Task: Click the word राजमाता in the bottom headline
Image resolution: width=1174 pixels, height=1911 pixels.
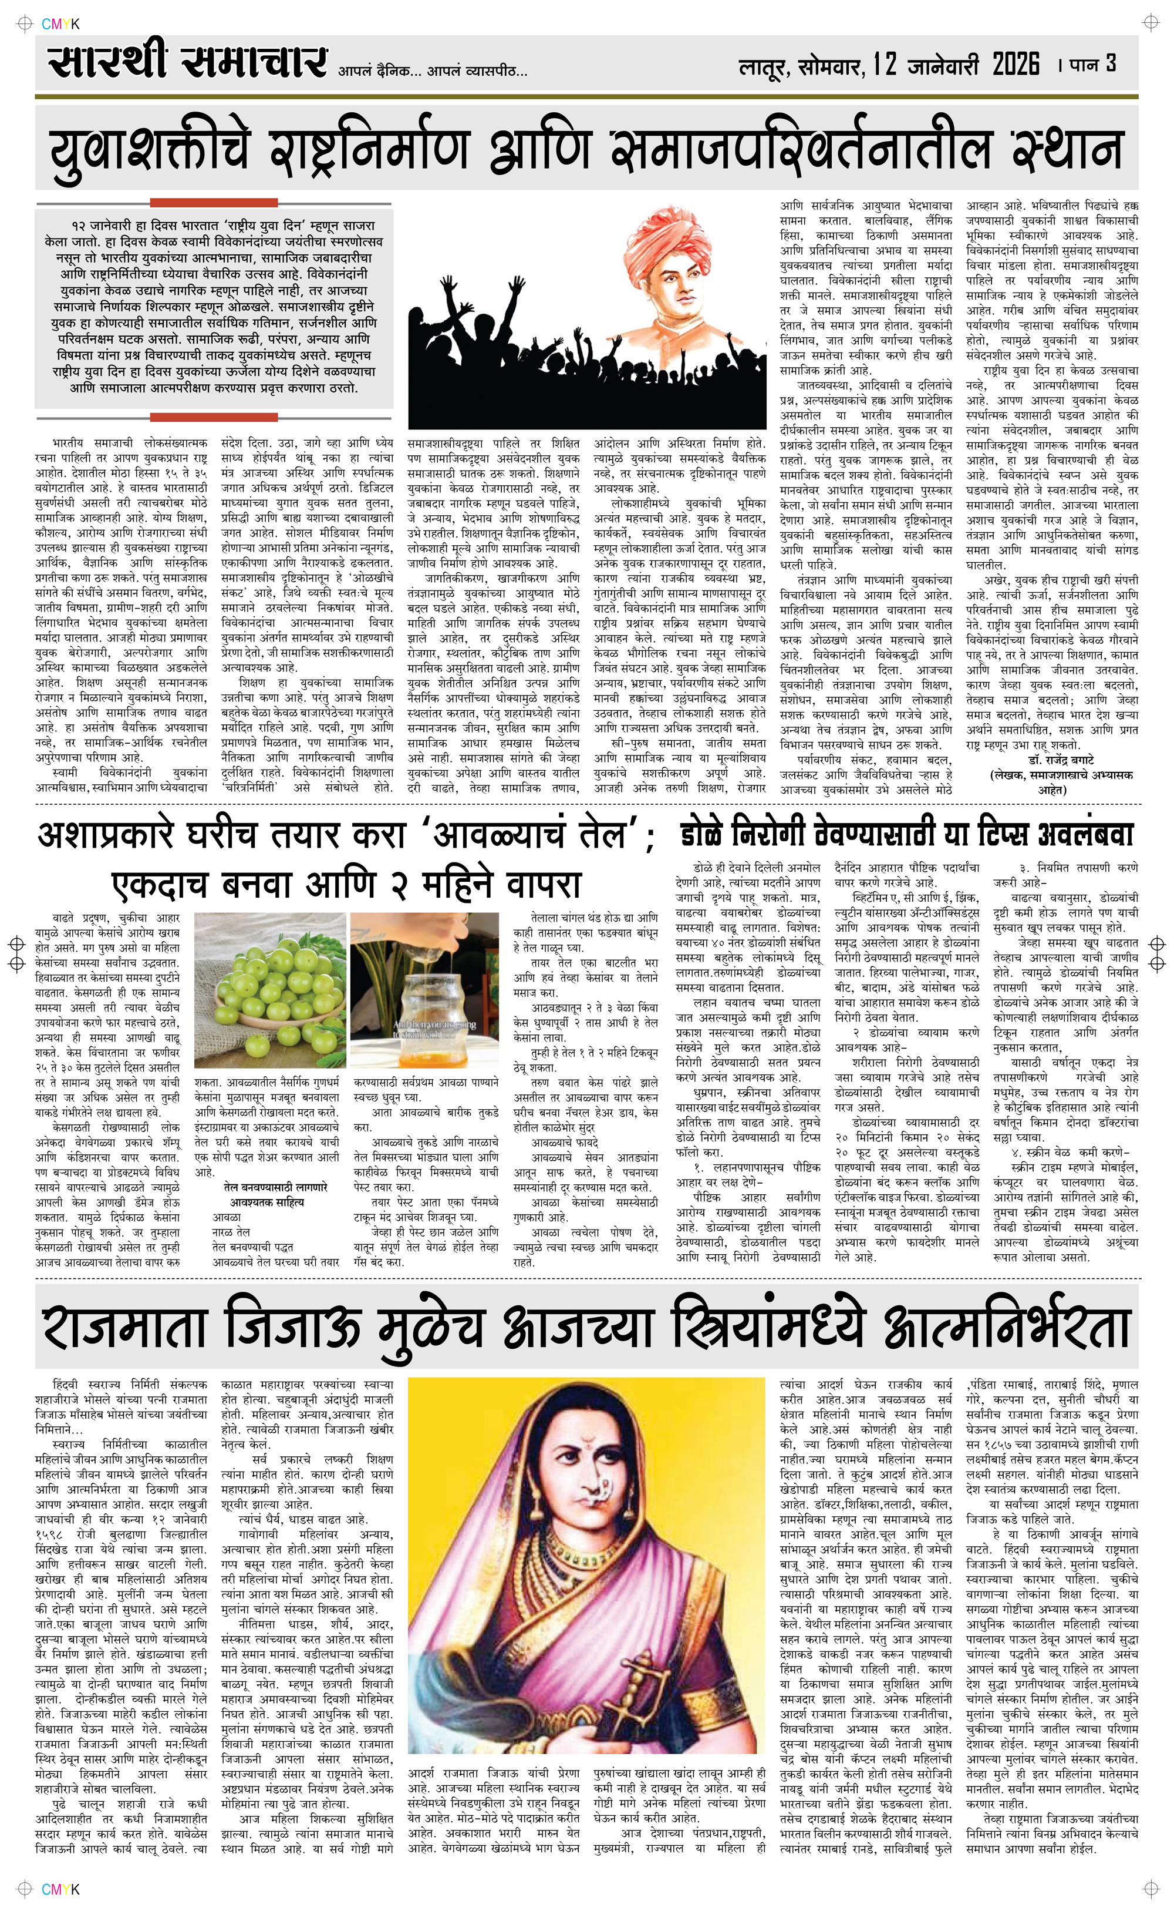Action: click(124, 1327)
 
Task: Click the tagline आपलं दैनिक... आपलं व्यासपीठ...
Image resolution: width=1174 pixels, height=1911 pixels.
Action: click(433, 72)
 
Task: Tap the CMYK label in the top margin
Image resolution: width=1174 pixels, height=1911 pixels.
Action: click(60, 24)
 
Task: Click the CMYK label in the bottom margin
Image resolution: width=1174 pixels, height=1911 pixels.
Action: click(60, 1889)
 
